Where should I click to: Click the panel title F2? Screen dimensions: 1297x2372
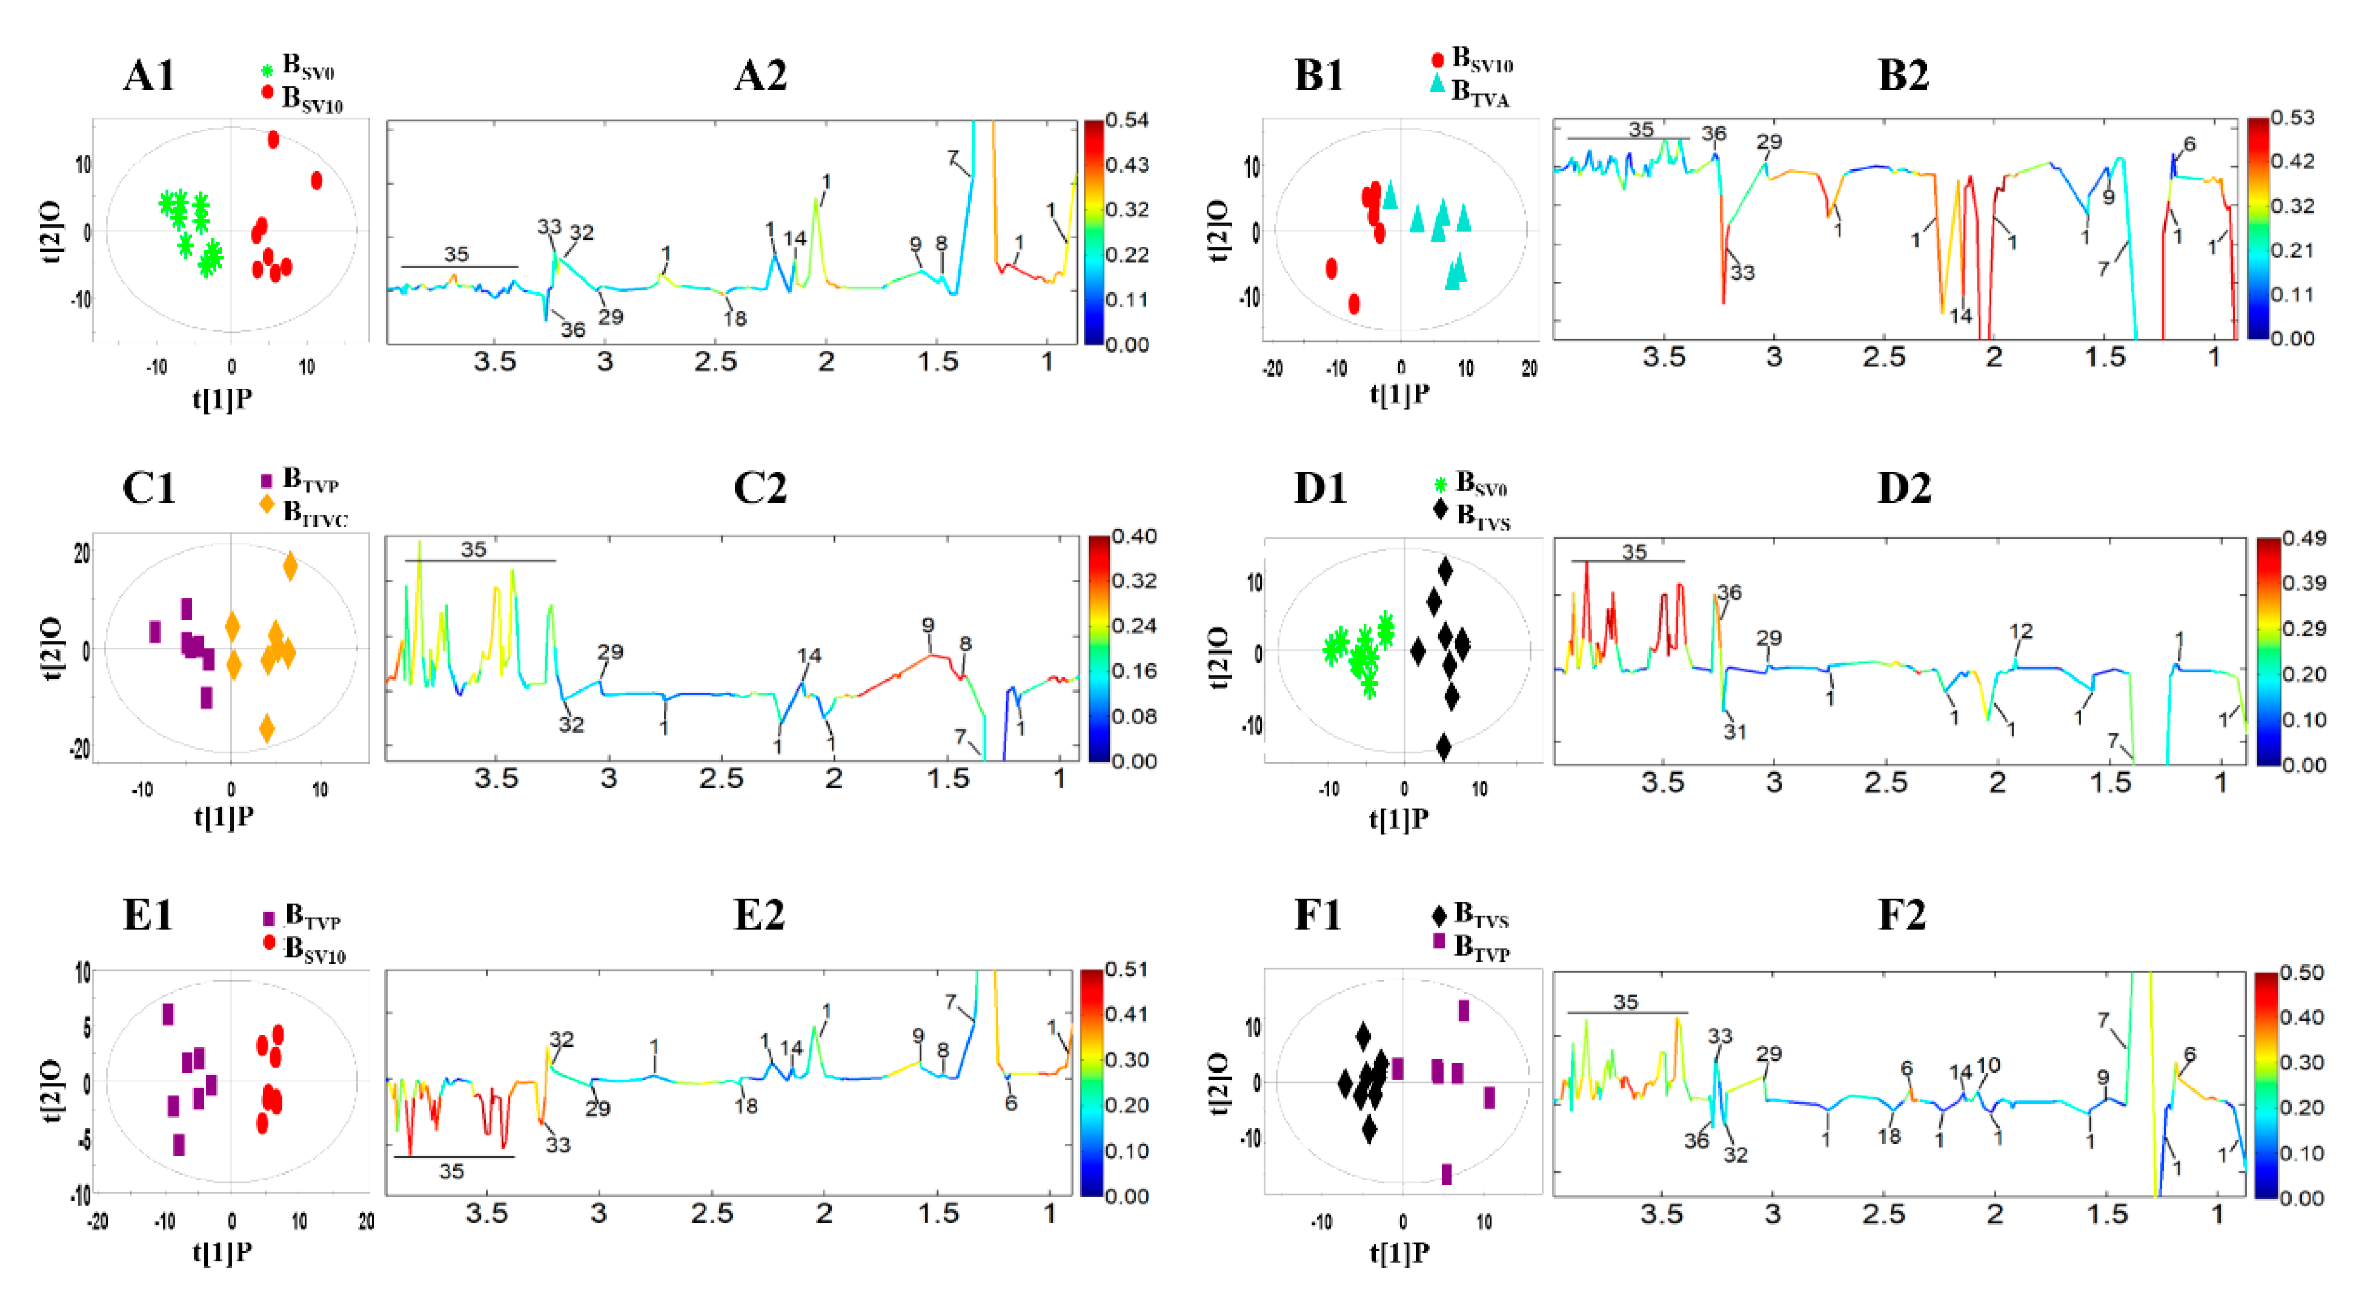[x=1901, y=914]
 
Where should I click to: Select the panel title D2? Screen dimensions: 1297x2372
[x=1903, y=487]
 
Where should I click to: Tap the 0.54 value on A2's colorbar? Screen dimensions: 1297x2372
[x=1126, y=120]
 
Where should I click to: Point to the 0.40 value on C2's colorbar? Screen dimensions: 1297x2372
[x=1134, y=536]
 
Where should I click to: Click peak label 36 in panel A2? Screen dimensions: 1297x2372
[x=573, y=330]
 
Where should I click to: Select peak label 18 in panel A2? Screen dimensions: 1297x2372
[x=734, y=319]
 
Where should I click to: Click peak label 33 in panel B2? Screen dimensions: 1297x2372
[x=1742, y=273]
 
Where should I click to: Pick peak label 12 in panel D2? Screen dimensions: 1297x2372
[x=2020, y=631]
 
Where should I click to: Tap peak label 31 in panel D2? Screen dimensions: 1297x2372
[x=1735, y=731]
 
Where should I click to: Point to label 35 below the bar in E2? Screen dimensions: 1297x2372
[x=451, y=1171]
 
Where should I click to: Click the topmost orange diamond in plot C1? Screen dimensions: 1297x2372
[x=290, y=566]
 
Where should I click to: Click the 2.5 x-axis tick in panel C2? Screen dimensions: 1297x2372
[x=720, y=779]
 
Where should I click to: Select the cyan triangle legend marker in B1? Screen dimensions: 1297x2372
[x=1436, y=83]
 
